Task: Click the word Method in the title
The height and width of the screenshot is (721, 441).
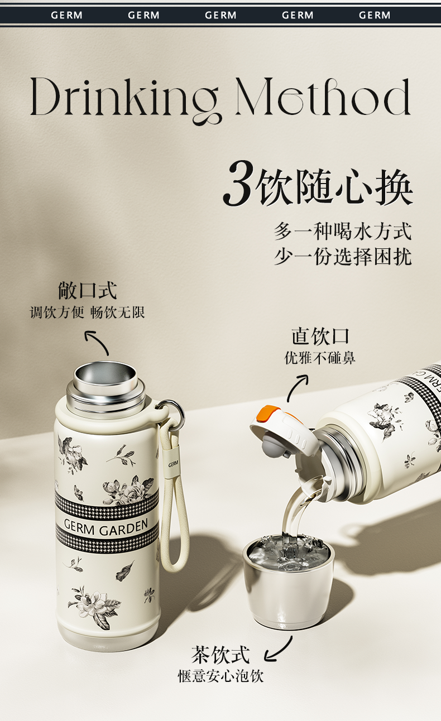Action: [323, 97]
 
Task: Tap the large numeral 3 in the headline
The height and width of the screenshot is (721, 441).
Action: [238, 183]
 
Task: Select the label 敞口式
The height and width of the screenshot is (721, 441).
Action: [87, 290]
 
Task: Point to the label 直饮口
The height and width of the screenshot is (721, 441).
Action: [320, 337]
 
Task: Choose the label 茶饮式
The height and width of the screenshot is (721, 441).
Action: [220, 655]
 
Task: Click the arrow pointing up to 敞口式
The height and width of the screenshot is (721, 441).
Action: [96, 342]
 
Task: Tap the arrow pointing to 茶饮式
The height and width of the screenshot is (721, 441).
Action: [279, 649]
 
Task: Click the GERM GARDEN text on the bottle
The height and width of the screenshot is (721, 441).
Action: [106, 528]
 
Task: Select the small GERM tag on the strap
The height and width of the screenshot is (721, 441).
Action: [173, 464]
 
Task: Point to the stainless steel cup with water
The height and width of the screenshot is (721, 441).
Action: [289, 582]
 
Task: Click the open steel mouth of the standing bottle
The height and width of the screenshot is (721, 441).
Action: [106, 376]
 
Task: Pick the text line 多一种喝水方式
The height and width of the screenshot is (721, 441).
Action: [343, 231]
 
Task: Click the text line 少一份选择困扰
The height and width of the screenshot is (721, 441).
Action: [343, 257]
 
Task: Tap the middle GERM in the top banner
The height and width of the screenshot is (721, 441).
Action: [220, 15]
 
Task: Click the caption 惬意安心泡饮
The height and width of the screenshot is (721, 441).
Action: [221, 676]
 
